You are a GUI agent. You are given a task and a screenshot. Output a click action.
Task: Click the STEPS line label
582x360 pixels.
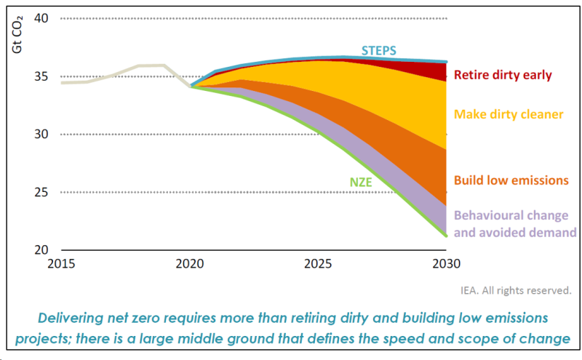click(x=380, y=51)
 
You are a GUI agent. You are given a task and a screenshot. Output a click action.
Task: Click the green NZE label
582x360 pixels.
click(x=361, y=183)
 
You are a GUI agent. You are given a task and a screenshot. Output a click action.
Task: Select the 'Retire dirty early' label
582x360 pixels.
click(x=503, y=74)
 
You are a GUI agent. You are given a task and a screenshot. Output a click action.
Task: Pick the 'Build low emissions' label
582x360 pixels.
click(x=511, y=180)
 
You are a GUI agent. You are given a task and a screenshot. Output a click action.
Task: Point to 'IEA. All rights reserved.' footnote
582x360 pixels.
click(x=516, y=290)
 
